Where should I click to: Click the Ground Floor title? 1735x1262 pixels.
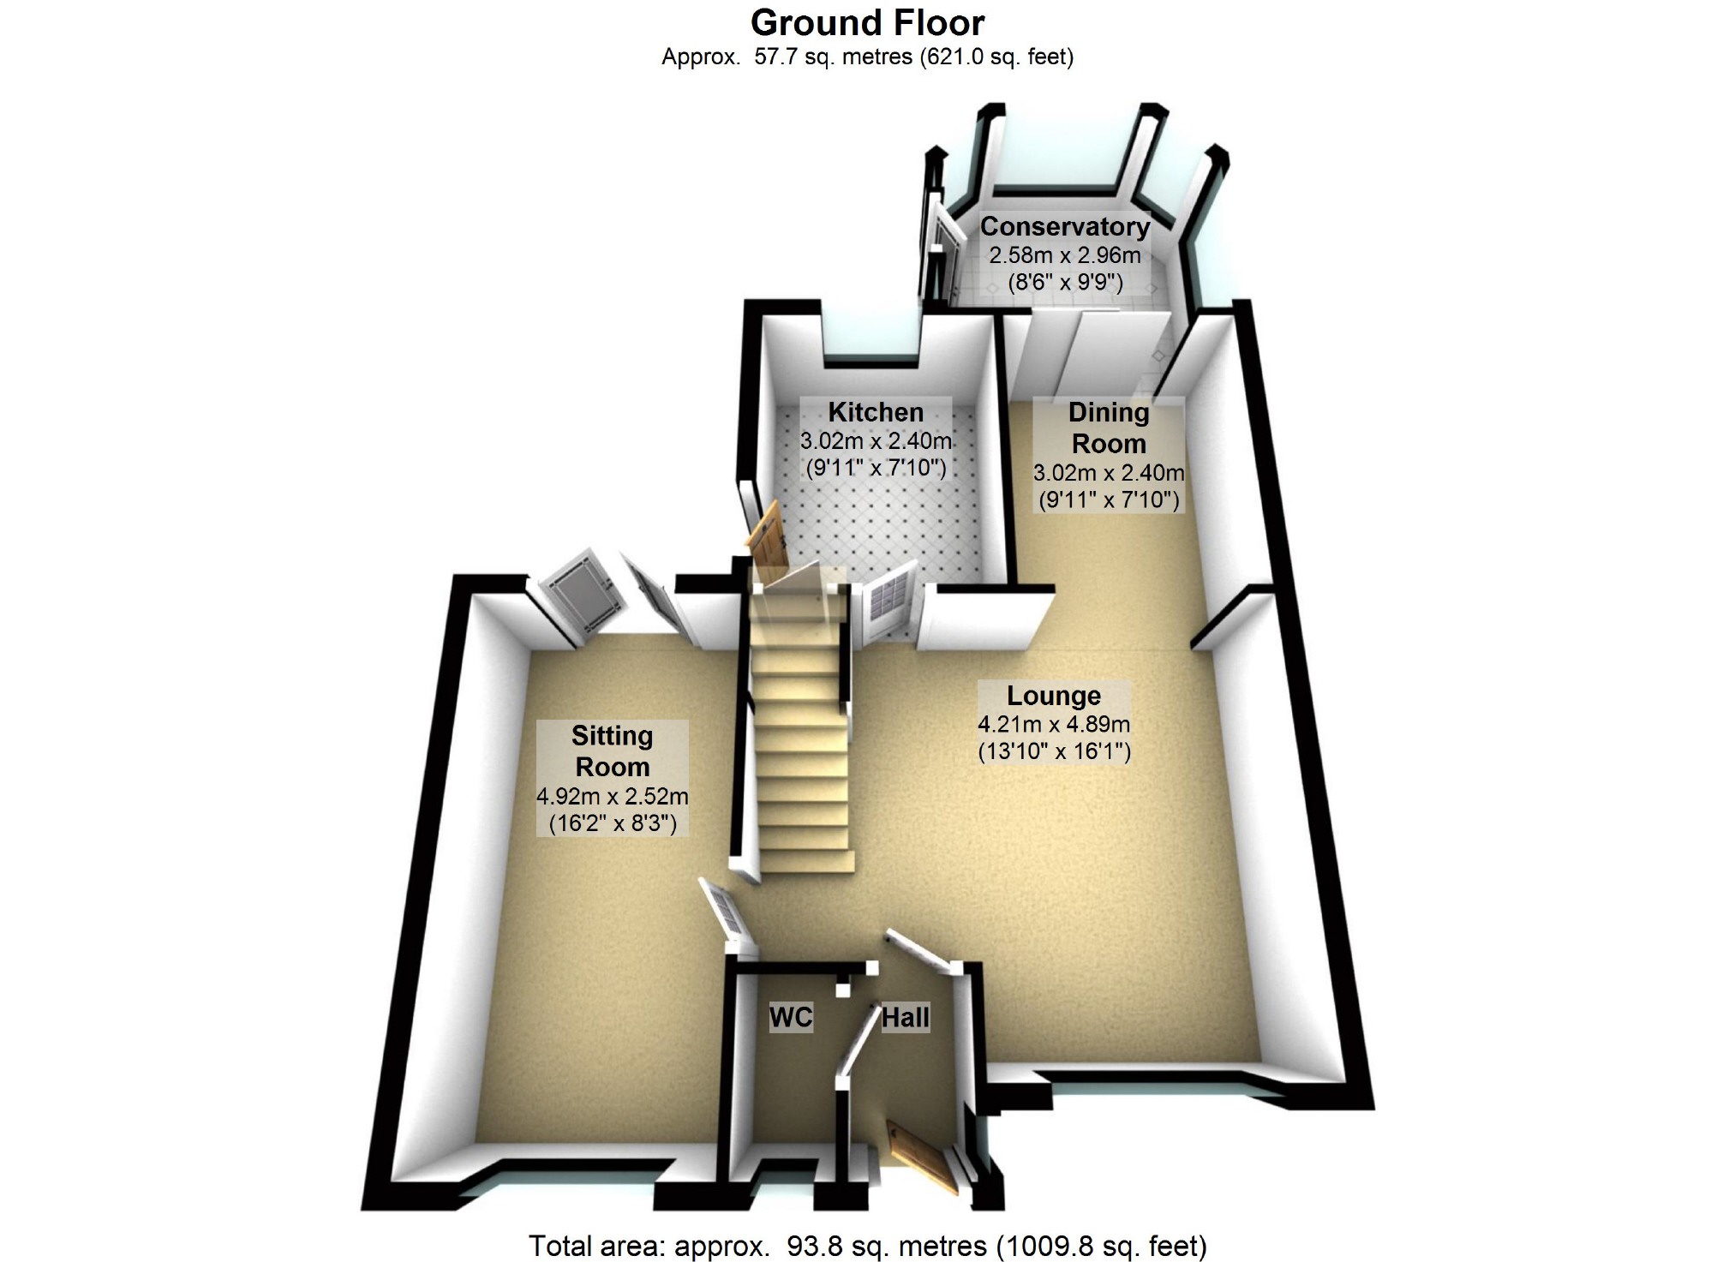pos(867,23)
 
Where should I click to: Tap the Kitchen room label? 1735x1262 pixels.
pos(875,412)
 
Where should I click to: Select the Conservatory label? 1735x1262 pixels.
pos(1064,226)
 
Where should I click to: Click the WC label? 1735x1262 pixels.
pos(790,1017)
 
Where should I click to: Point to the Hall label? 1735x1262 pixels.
pos(905,1017)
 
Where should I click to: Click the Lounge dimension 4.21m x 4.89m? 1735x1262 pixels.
pos(1053,724)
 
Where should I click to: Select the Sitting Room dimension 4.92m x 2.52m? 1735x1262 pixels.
pos(612,796)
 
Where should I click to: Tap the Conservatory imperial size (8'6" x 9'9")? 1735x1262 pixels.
pos(1064,282)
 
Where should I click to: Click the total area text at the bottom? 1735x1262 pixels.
pos(867,1245)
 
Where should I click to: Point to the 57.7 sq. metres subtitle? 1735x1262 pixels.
pos(867,57)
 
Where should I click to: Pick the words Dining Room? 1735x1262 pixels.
pos(1109,428)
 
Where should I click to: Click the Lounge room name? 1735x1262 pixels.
pos(1053,695)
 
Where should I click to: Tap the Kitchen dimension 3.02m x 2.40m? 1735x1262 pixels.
pos(875,441)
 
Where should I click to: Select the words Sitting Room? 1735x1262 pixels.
pos(612,751)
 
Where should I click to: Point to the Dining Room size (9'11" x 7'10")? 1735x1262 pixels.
pos(1109,499)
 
